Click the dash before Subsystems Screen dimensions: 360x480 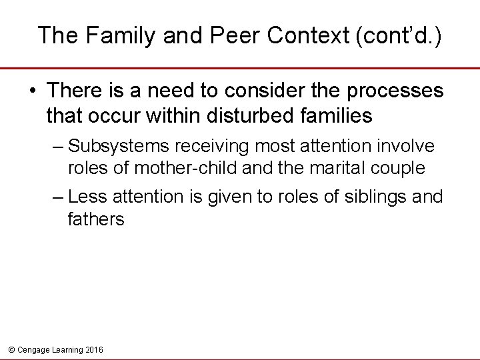coord(58,146)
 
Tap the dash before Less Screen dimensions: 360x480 coord(58,197)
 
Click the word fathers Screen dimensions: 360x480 coord(96,219)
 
